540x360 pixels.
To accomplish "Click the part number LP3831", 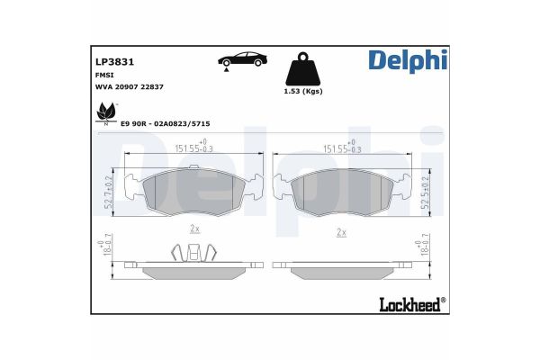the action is pos(114,62).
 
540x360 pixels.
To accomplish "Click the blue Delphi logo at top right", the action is pos(408,61).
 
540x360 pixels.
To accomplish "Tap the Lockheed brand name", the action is pos(412,304).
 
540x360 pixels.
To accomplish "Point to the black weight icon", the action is pos(303,69).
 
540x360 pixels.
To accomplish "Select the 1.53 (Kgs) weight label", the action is pos(303,91).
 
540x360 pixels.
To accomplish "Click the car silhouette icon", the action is pos(242,60).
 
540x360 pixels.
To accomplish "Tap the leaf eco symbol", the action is pos(106,113).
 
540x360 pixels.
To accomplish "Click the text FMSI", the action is pos(104,75).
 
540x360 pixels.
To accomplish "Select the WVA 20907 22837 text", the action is pos(129,86).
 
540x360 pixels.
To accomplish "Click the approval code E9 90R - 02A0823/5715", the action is pos(166,123).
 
